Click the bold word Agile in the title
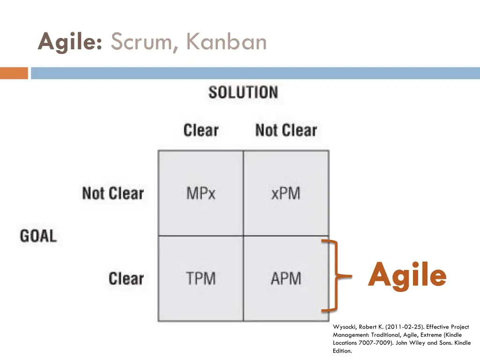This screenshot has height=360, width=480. (70, 42)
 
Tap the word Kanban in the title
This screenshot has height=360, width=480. (226, 42)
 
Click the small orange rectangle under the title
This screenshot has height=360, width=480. (14, 74)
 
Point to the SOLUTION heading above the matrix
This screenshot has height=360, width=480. (243, 92)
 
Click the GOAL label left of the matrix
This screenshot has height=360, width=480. (38, 235)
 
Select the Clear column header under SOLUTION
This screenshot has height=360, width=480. (201, 130)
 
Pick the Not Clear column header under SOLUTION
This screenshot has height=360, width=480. (286, 130)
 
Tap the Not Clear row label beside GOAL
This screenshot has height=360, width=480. (112, 193)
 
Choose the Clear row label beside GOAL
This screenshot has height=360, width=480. (126, 278)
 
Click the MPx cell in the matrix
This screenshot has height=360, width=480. (201, 193)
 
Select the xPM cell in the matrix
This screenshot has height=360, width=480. (286, 193)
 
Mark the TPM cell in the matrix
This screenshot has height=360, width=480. (201, 278)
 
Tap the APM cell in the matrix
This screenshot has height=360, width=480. (286, 278)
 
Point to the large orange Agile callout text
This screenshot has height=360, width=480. (407, 276)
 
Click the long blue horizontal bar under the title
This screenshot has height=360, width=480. (255, 74)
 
